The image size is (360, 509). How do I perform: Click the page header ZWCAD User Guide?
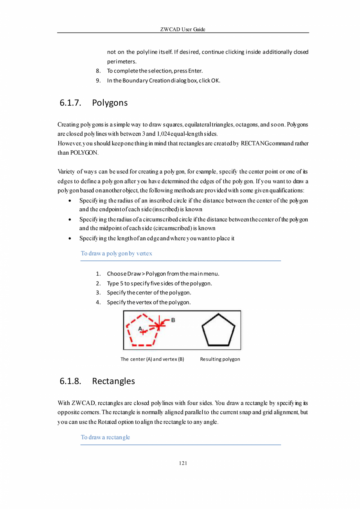point(183,29)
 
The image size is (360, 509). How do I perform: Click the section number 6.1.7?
point(70,103)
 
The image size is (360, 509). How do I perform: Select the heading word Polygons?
point(110,103)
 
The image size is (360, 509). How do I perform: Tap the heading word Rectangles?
point(113,381)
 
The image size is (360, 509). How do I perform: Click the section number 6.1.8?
point(70,381)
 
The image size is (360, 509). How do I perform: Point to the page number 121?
point(183,463)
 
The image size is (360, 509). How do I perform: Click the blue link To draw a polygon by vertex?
point(116,253)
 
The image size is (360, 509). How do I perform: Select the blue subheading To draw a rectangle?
point(105,437)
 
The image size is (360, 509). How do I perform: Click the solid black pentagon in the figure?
point(218,330)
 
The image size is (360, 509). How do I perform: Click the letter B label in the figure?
point(173,320)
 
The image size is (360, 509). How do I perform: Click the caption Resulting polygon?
point(220,359)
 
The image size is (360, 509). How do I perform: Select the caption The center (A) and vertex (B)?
point(152,359)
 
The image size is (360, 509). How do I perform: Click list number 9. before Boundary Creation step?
point(99,81)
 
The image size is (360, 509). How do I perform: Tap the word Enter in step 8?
point(195,71)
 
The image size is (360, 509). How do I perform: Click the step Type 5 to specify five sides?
point(159,283)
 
